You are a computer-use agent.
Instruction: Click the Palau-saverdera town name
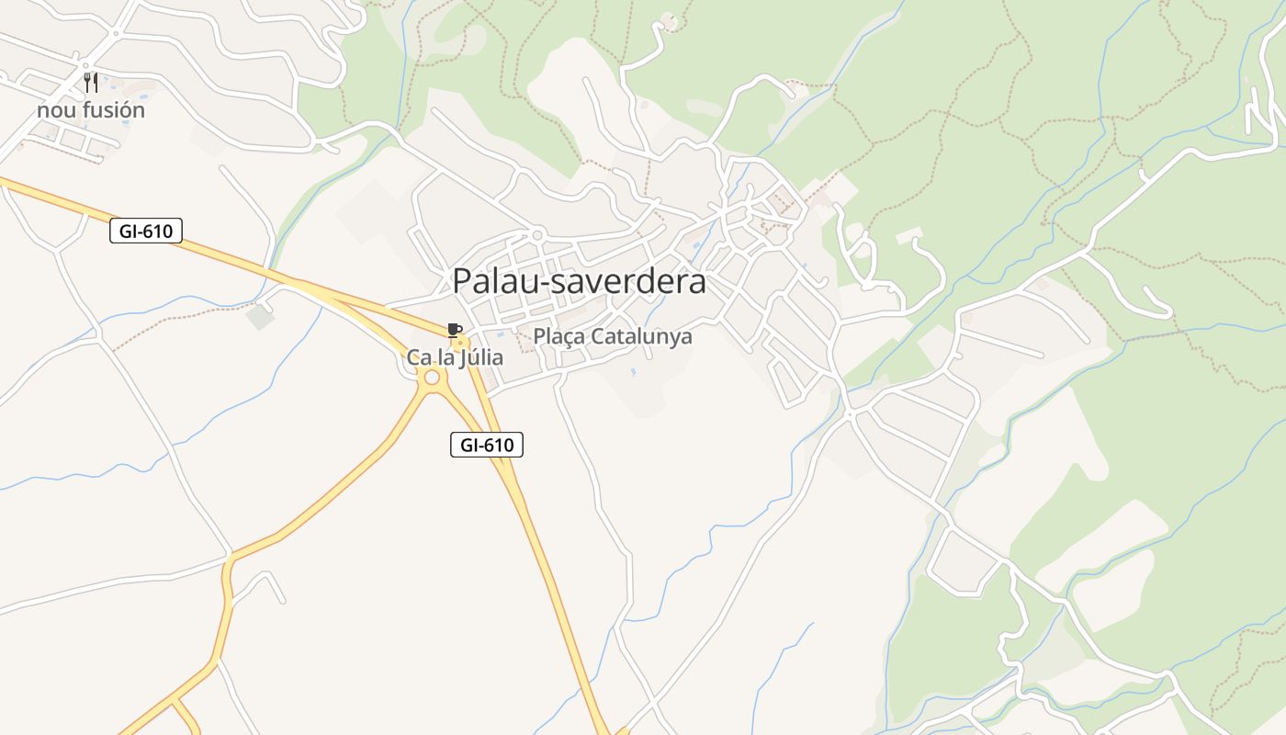579,281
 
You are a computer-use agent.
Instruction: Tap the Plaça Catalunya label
613,337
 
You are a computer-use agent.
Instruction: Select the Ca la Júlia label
455,357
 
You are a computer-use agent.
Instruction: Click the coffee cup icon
453,330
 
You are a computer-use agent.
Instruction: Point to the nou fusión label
91,110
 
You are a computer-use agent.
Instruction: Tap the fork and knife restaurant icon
90,83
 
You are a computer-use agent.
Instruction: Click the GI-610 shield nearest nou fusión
146,231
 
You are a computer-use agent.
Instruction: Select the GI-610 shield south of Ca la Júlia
487,446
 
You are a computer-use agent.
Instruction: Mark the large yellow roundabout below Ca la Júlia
432,377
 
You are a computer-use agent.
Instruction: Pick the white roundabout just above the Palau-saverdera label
538,234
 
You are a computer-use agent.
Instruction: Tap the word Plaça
559,337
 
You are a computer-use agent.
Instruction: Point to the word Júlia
481,357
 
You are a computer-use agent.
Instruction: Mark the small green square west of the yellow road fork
260,317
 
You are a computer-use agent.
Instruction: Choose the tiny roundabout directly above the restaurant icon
85,64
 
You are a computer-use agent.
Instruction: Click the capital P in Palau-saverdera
462,281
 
